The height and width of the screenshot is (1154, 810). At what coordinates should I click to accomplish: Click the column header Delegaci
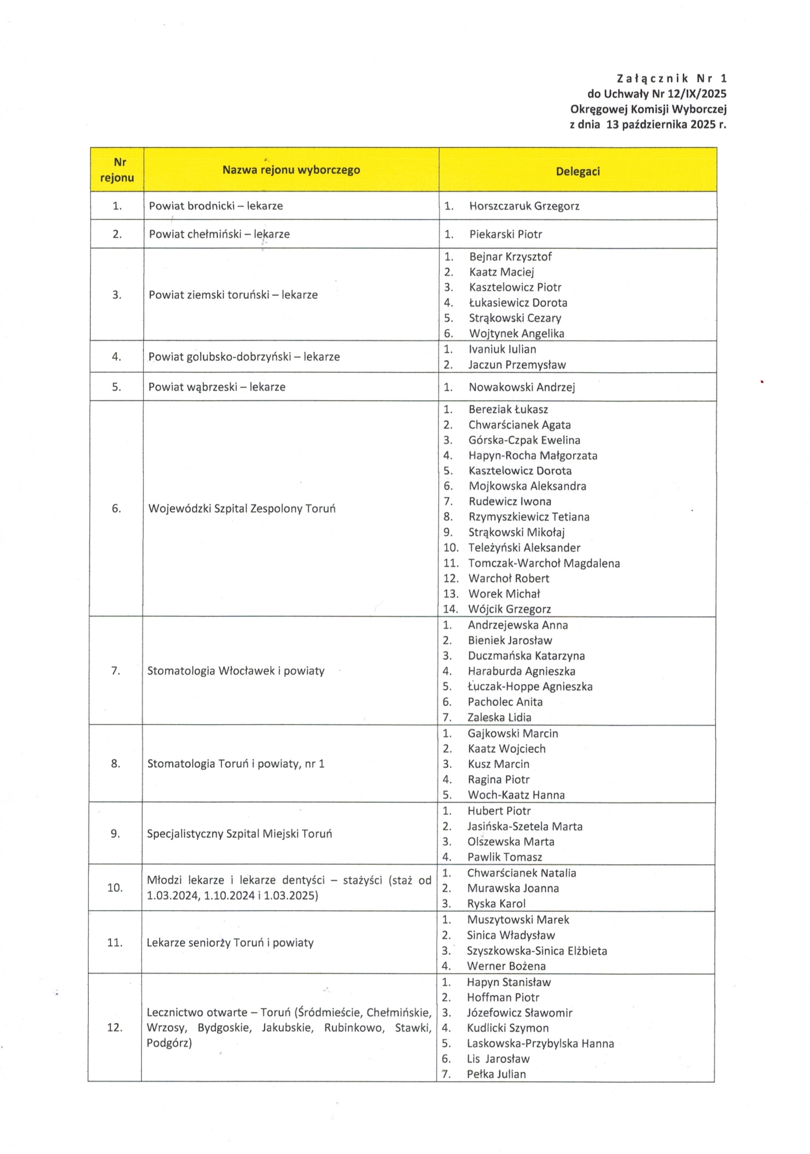(x=577, y=171)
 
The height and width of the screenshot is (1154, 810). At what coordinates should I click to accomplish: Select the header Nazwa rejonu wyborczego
(x=291, y=170)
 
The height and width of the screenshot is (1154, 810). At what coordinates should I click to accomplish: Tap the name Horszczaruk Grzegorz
(x=524, y=206)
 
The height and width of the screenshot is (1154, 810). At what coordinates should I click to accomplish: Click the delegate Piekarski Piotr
(x=505, y=234)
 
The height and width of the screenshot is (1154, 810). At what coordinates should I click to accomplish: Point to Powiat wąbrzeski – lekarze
(x=216, y=387)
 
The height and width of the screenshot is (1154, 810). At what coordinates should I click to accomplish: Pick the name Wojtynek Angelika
(x=516, y=334)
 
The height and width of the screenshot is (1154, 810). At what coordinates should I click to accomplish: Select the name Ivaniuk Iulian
(x=502, y=349)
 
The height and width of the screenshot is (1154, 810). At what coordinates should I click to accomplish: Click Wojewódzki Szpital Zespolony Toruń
(x=241, y=508)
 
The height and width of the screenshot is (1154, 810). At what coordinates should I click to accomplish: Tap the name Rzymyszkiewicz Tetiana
(x=528, y=517)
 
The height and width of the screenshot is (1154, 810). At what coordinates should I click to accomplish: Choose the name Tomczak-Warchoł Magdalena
(x=544, y=563)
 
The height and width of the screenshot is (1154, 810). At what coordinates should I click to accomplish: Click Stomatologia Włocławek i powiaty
(x=235, y=670)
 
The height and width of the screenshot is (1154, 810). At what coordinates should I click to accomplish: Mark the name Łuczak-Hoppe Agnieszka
(x=530, y=686)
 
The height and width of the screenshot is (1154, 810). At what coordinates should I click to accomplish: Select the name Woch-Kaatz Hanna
(x=516, y=795)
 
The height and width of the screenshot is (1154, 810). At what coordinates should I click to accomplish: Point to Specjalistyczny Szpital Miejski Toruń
(x=239, y=834)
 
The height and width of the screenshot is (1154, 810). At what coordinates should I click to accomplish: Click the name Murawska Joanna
(x=513, y=888)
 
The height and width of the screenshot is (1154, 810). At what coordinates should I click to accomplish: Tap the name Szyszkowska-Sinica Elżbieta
(x=536, y=950)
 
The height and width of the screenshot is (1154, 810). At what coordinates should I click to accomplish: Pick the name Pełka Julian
(x=496, y=1074)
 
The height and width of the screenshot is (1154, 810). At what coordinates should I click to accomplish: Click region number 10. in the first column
(x=115, y=887)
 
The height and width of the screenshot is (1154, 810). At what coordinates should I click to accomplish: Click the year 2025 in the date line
(x=702, y=124)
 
